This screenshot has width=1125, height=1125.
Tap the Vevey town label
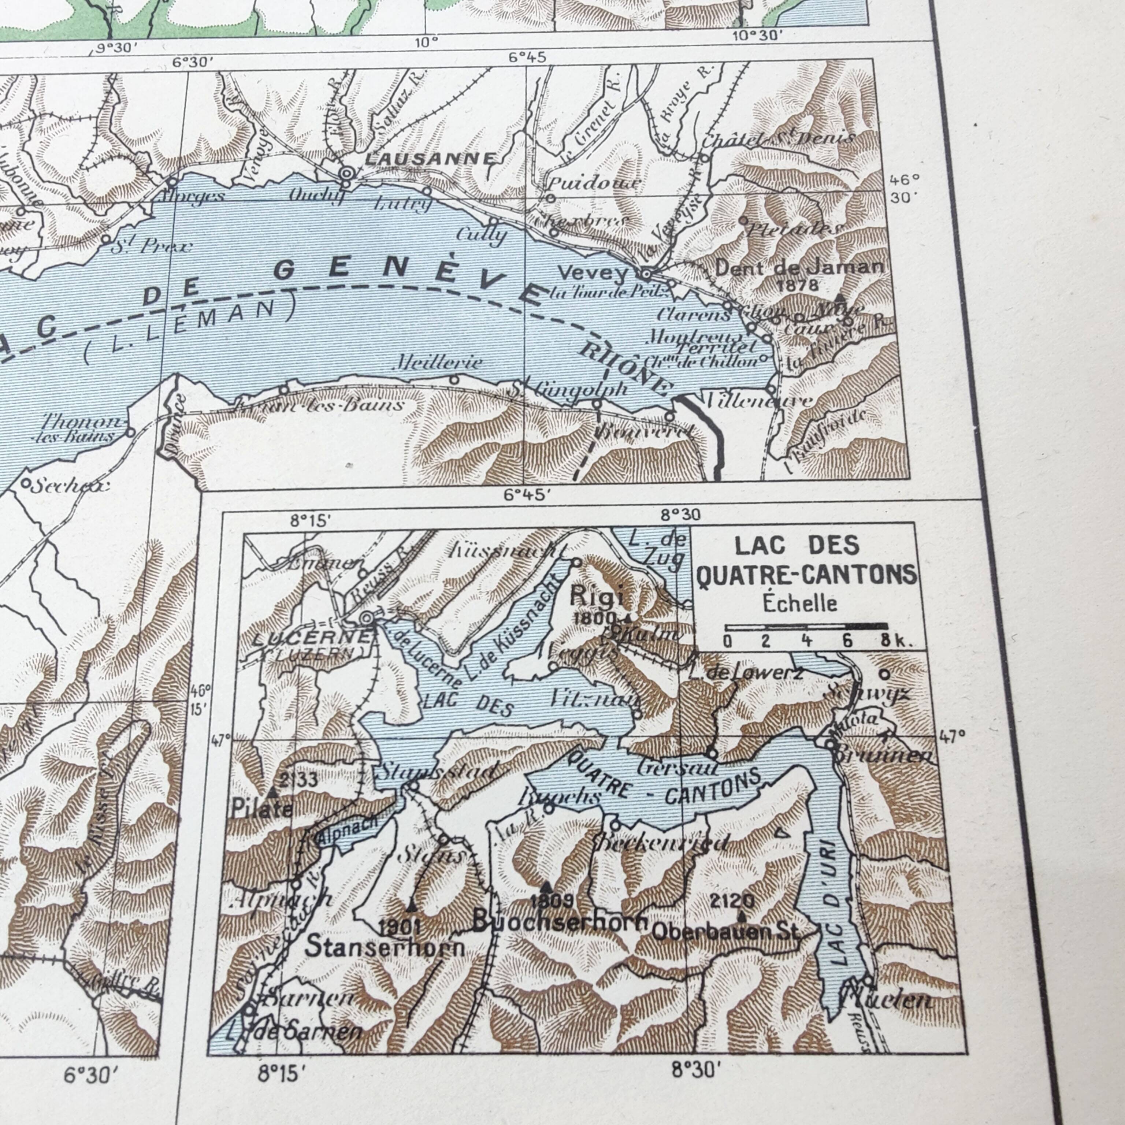593,272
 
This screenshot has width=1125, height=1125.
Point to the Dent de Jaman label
799,268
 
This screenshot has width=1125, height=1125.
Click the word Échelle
800,603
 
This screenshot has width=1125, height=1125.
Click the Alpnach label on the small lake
347,830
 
